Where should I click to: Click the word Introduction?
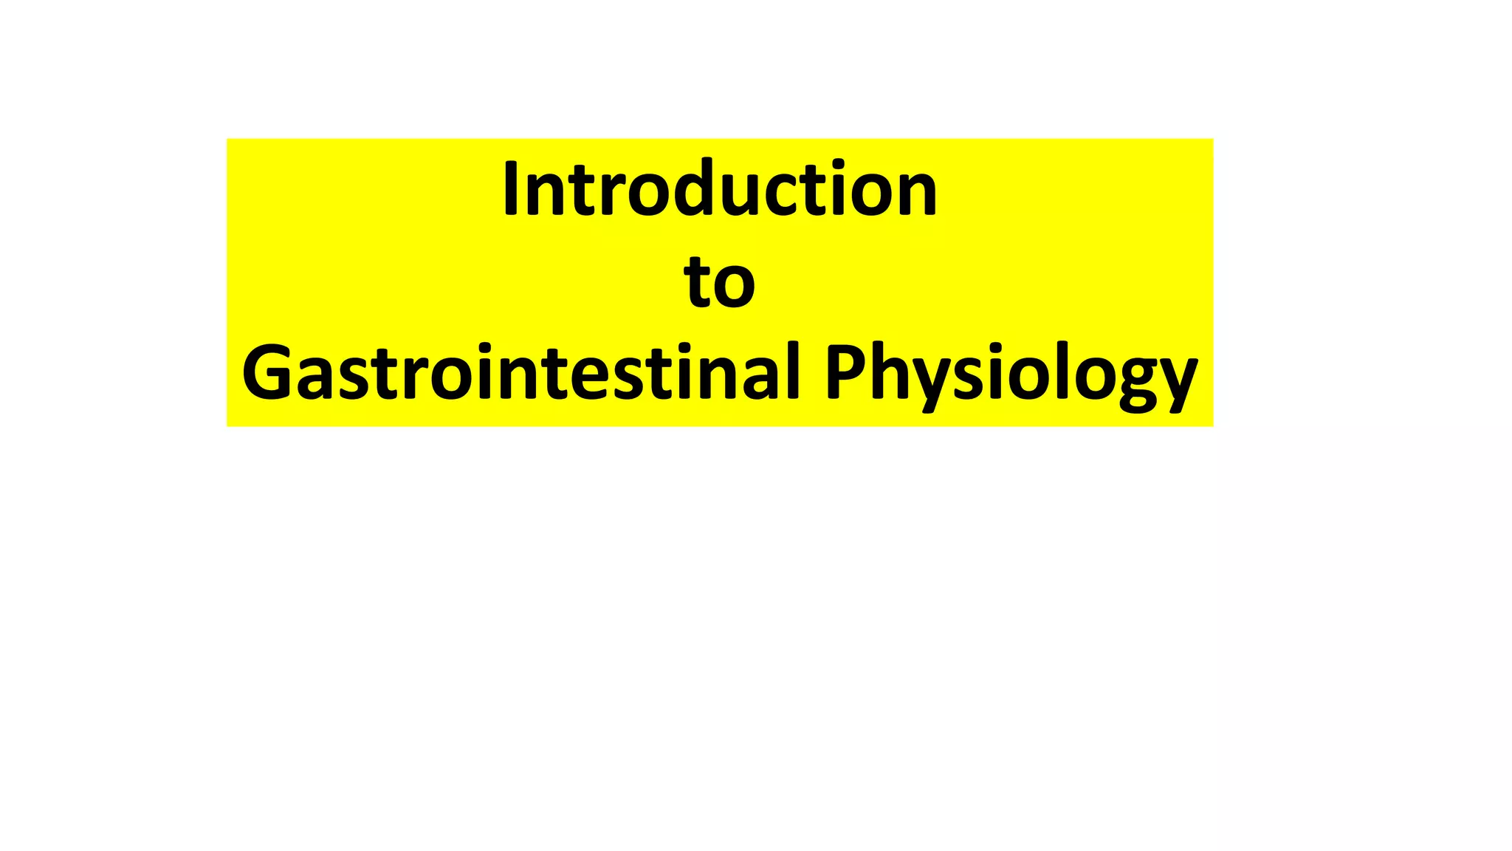[720, 189]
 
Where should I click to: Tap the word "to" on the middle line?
[720, 283]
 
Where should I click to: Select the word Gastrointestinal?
[521, 372]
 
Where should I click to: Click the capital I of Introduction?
[510, 189]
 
